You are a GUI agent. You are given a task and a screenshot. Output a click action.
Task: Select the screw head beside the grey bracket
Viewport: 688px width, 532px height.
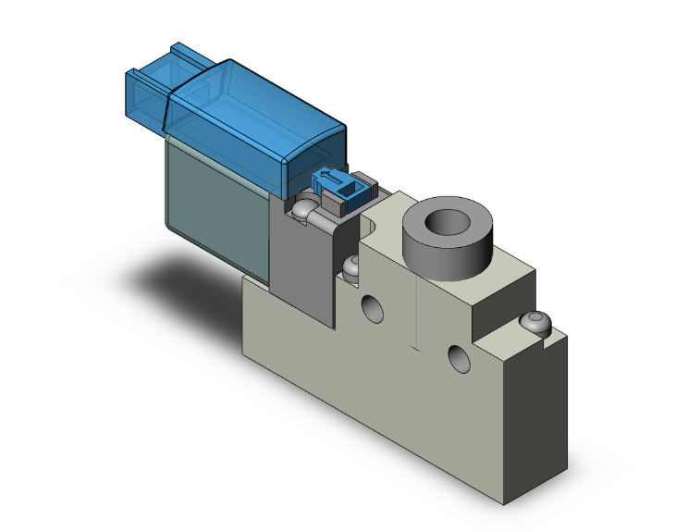click(352, 266)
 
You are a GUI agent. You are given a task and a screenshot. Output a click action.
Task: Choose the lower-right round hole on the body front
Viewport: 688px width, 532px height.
click(457, 356)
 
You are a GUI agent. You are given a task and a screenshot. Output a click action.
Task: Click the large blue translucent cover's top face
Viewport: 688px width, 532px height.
click(250, 102)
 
